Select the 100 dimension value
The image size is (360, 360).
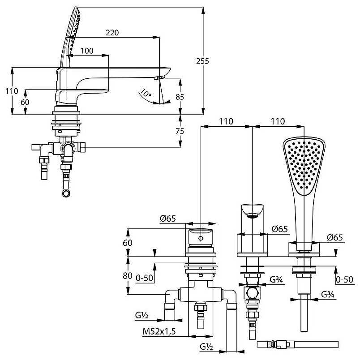[x=87, y=51]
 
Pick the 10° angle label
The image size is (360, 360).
[x=146, y=93]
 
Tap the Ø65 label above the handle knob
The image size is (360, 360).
[x=168, y=219]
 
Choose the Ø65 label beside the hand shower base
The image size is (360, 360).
[x=334, y=238]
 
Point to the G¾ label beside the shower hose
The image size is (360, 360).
[x=327, y=295]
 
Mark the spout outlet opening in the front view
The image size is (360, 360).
[x=253, y=216]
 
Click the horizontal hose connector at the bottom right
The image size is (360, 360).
[x=278, y=345]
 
